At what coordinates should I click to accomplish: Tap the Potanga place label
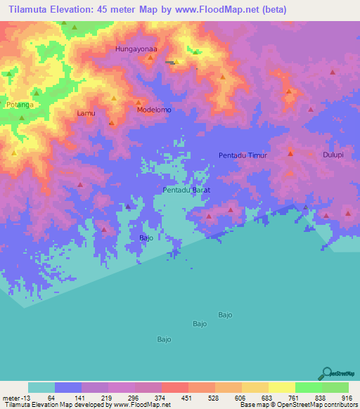19,105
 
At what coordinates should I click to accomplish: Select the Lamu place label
85,112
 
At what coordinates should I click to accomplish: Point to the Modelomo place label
154,110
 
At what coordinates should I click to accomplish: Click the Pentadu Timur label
243,155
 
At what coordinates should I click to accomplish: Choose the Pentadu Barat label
187,190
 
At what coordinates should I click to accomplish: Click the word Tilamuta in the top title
30,10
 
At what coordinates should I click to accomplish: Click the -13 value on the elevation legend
26,397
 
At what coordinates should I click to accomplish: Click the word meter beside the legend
9,397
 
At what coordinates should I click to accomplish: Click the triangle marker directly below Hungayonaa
150,58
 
